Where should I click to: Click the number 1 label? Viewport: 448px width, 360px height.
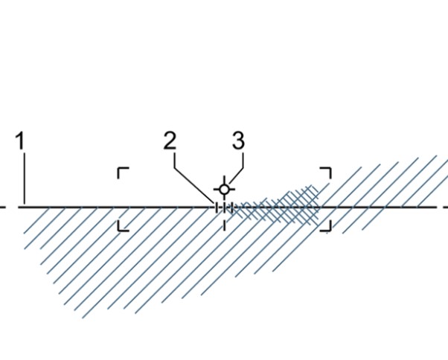(x=22, y=141)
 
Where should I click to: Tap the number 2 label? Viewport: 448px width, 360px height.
(x=170, y=141)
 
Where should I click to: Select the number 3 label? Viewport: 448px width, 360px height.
(x=238, y=140)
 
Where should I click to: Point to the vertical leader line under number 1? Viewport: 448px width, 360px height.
(x=23, y=179)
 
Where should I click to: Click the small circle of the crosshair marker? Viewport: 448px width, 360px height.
(x=224, y=190)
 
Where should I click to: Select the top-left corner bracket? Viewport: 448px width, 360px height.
(x=122, y=173)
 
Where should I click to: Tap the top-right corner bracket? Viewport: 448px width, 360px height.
(x=326, y=172)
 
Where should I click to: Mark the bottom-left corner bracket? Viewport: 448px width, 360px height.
(x=122, y=225)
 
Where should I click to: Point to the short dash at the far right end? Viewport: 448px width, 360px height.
(x=444, y=206)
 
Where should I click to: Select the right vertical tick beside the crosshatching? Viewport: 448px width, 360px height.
(x=231, y=207)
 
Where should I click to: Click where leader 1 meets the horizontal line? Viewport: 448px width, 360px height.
(x=23, y=205)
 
